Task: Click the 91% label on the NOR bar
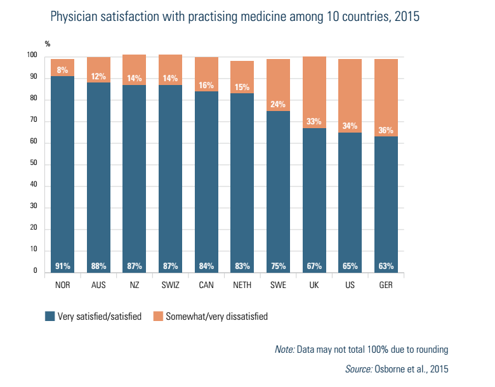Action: (x=63, y=266)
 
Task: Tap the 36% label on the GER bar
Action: (x=386, y=131)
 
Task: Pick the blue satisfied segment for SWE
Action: (x=279, y=190)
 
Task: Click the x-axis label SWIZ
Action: (x=171, y=285)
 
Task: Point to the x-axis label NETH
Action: (x=242, y=285)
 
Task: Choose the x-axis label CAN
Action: (x=206, y=285)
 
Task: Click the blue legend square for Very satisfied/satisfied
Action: (x=49, y=316)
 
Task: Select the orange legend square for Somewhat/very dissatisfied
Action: (x=158, y=316)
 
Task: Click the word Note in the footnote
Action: (x=284, y=350)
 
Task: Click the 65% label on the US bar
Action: (x=350, y=266)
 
